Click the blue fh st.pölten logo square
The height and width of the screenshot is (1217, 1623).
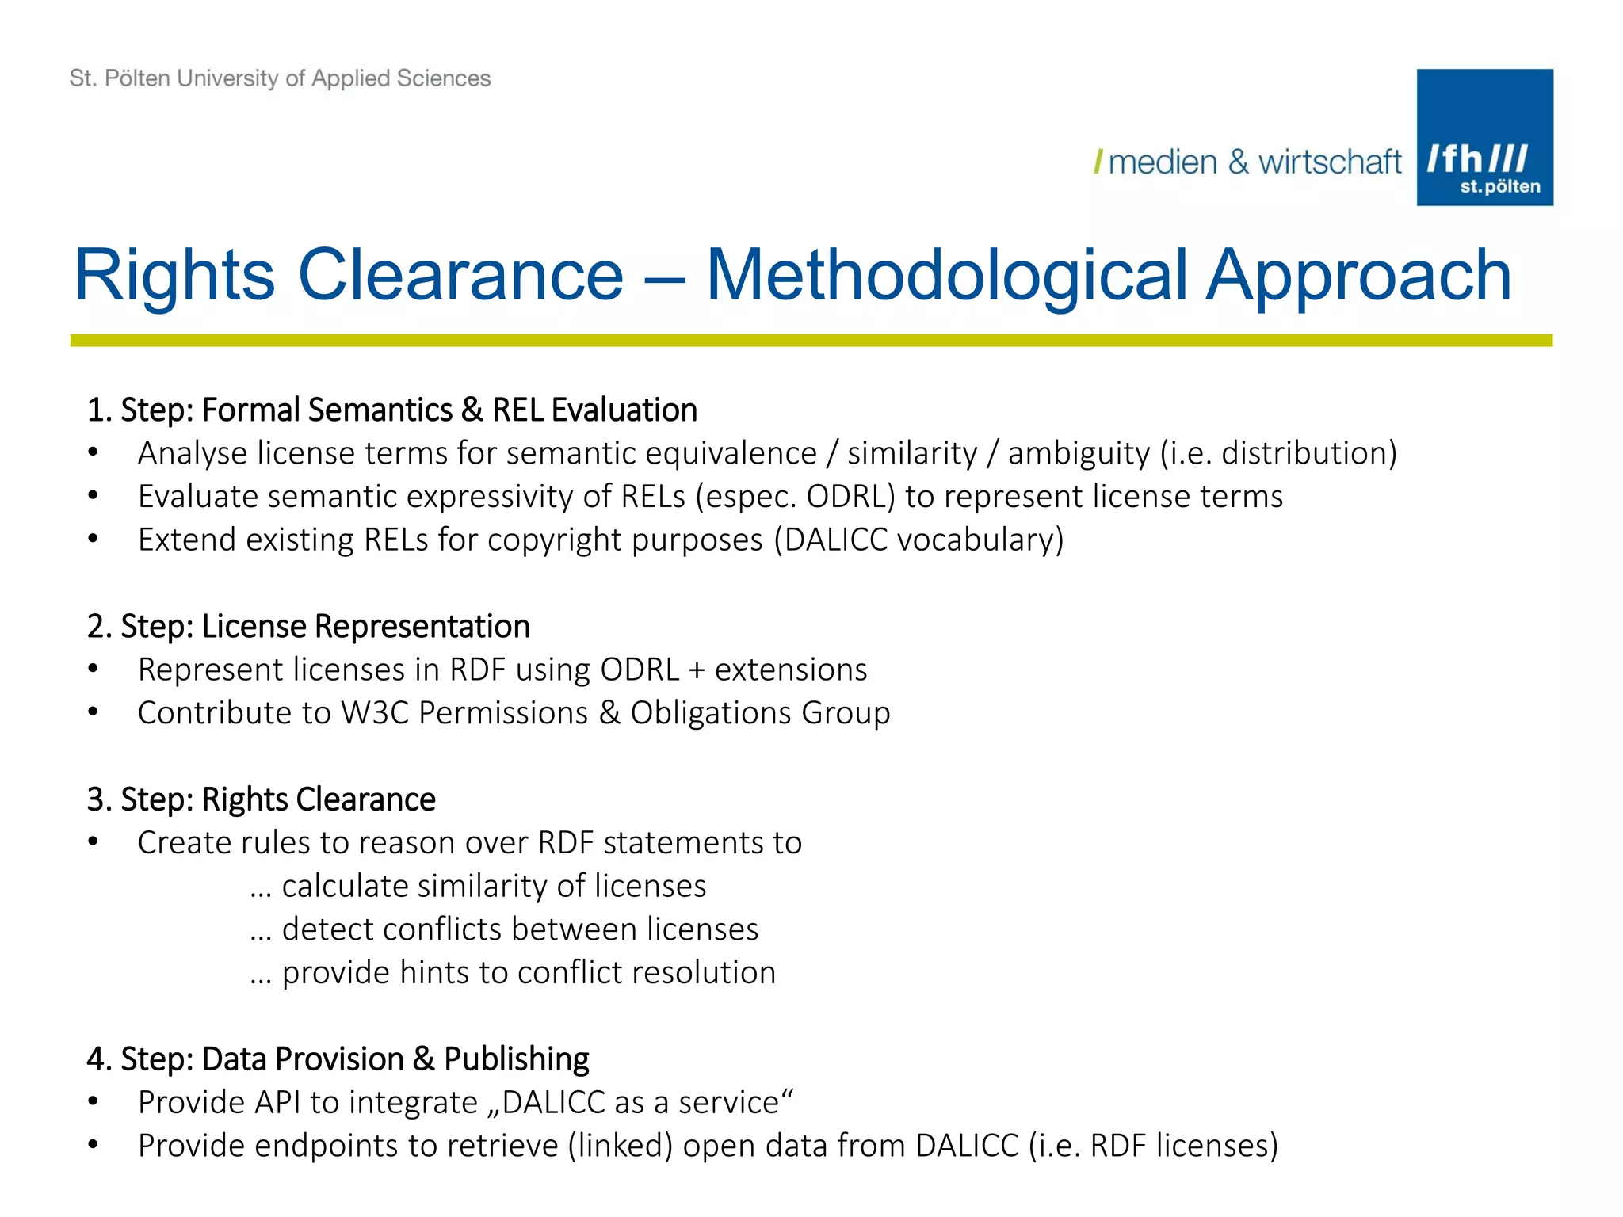click(1484, 137)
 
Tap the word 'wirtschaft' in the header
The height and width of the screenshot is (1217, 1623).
click(1330, 162)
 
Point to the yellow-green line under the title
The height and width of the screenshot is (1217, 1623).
click(811, 340)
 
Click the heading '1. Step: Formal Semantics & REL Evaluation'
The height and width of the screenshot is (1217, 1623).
click(392, 410)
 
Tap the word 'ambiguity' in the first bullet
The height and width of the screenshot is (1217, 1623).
click(1079, 453)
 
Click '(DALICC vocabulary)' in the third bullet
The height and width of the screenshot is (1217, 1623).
click(918, 540)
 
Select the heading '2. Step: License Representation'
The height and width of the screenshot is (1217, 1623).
click(308, 626)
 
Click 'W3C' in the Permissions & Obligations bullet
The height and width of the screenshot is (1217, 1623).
click(374, 712)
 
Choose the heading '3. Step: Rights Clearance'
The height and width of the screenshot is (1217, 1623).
click(262, 799)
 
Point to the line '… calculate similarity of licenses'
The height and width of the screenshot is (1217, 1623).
click(478, 886)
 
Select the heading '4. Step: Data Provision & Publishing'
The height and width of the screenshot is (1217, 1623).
click(338, 1059)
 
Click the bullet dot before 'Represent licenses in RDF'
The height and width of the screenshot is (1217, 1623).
click(94, 670)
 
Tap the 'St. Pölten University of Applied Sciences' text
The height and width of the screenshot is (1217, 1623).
click(280, 78)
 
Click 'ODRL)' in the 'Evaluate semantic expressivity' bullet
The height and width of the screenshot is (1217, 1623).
click(850, 497)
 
